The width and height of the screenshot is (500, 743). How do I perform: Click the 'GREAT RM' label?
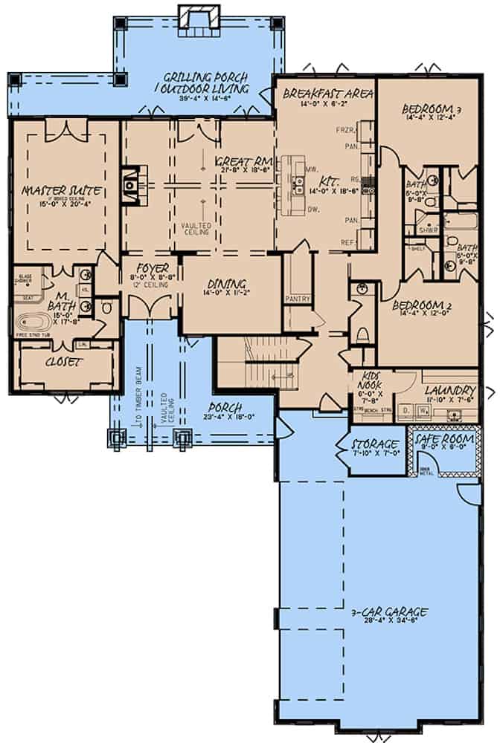pyautogui.click(x=237, y=161)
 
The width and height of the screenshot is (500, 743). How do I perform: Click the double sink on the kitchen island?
pyautogui.click(x=298, y=190)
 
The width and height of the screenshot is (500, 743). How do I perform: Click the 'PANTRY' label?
pyautogui.click(x=298, y=299)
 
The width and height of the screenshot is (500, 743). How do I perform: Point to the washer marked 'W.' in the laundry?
pyautogui.click(x=423, y=409)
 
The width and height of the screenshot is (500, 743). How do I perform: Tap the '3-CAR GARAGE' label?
pyautogui.click(x=389, y=612)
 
